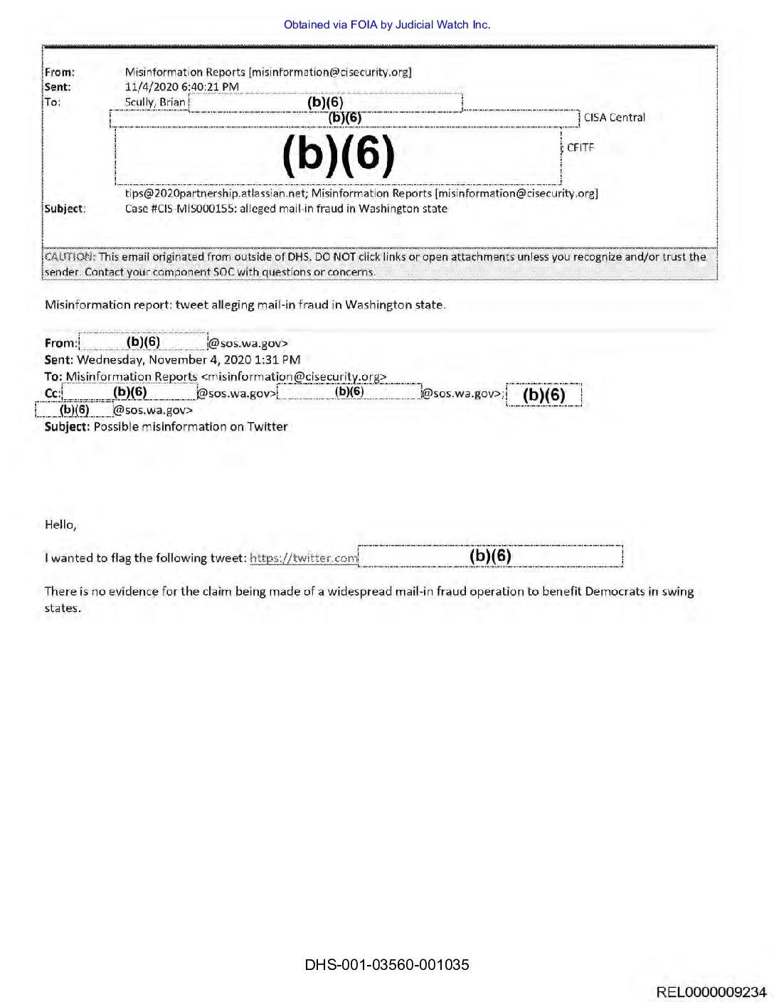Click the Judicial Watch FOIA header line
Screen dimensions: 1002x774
tap(387, 25)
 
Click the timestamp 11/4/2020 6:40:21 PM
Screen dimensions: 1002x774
tap(182, 87)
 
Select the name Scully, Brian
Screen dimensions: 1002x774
tap(155, 102)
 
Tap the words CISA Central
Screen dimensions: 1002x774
tap(615, 117)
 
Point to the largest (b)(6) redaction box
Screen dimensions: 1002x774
tap(339, 154)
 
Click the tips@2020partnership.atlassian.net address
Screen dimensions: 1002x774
tap(216, 194)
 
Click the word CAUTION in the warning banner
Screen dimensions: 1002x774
tap(69, 257)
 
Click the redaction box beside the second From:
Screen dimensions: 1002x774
tap(143, 342)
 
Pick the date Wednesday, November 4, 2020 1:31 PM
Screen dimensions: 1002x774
tap(189, 360)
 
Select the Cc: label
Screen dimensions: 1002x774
tap(53, 394)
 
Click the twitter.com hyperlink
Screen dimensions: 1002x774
tap(304, 558)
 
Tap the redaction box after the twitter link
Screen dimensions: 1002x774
tap(490, 556)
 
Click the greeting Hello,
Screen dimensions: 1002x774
tap(60, 524)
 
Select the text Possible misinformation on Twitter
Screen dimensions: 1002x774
tap(191, 427)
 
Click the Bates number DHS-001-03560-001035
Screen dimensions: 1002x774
tap(387, 965)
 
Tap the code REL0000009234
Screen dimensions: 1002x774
tap(711, 992)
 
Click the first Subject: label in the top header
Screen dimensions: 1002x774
tap(65, 209)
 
